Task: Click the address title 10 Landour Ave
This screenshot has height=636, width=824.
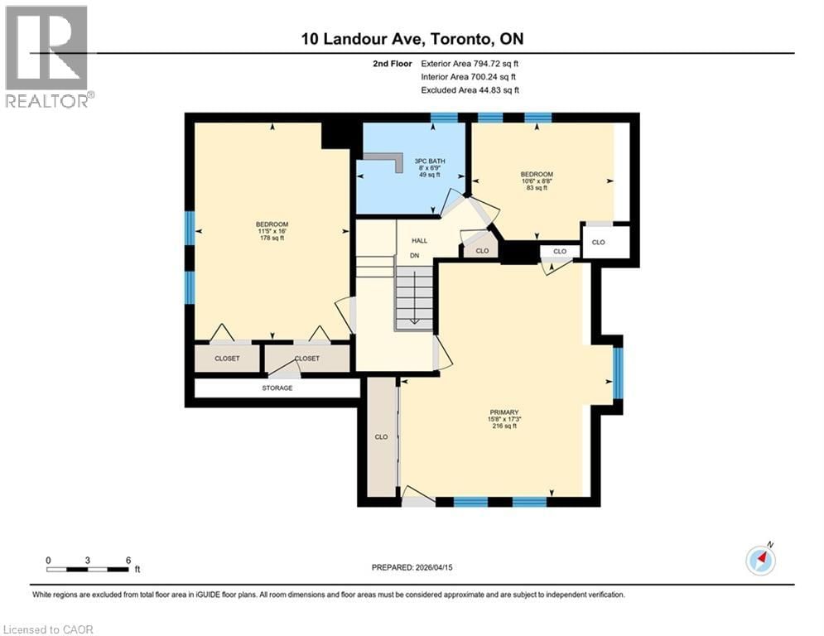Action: point(412,39)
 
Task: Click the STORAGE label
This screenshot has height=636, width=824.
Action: point(277,388)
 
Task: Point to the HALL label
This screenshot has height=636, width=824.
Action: point(419,240)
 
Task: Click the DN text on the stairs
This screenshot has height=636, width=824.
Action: point(415,256)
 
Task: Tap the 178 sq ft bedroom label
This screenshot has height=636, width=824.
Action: point(272,231)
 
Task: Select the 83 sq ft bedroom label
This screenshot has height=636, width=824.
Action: point(537,181)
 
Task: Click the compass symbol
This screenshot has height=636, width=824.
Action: point(760,560)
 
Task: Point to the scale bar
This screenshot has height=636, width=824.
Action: point(88,569)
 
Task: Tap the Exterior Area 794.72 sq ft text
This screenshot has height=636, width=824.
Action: point(470,63)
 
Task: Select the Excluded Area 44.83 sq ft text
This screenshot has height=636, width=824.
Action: point(470,90)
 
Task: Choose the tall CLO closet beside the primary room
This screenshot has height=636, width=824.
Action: point(381,436)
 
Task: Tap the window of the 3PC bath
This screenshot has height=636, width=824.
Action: point(444,118)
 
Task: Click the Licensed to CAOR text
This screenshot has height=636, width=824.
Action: point(49,629)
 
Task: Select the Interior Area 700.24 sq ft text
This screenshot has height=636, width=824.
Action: point(470,77)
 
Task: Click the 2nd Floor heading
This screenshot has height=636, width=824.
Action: point(392,63)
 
